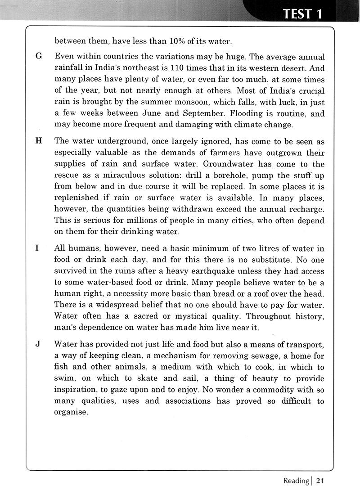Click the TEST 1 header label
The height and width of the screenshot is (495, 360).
coord(302,14)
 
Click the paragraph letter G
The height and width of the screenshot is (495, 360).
coord(38,57)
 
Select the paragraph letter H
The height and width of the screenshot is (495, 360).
coord(38,140)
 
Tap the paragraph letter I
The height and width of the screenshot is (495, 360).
coord(37,248)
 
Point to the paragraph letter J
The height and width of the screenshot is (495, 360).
coord(38,344)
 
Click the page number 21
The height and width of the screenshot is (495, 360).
coord(320,481)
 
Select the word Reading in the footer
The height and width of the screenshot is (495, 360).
coord(296,481)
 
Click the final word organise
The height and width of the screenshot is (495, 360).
coord(70,412)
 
